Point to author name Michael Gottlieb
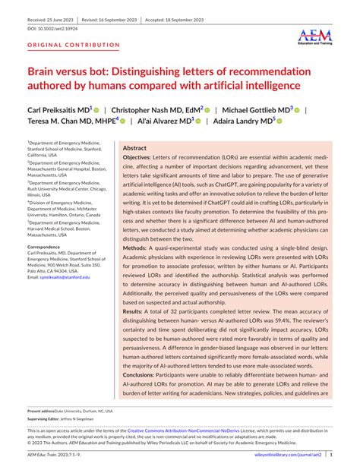point(256,111)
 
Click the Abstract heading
point(135,148)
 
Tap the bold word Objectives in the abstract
point(140,160)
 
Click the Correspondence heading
point(49,248)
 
